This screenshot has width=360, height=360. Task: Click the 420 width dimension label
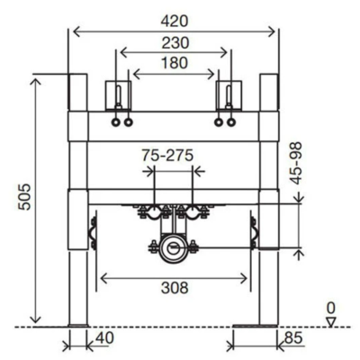click(x=175, y=22)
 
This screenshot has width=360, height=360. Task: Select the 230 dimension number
click(x=175, y=43)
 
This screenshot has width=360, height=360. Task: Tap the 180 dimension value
click(x=175, y=63)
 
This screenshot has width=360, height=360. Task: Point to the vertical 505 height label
click(x=24, y=197)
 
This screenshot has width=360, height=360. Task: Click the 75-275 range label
click(x=167, y=156)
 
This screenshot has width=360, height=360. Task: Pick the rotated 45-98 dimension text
click(x=296, y=163)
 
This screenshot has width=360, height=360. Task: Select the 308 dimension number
click(x=175, y=288)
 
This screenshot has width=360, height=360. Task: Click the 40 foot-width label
click(x=105, y=338)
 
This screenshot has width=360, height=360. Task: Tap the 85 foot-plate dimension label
click(x=293, y=338)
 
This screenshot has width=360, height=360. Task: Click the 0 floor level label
click(x=330, y=308)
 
